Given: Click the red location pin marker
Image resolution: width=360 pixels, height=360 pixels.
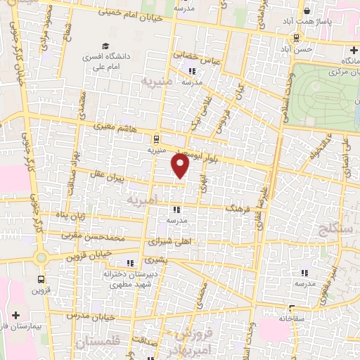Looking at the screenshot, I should [181, 166].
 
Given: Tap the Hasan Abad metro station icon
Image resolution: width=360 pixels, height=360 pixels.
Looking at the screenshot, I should [299, 38].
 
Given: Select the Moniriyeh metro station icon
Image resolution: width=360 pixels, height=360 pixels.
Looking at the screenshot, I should [156, 138].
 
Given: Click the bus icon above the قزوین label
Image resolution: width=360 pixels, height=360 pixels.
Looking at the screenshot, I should [41, 276].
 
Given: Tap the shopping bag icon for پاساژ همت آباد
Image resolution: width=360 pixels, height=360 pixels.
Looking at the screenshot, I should [307, 11].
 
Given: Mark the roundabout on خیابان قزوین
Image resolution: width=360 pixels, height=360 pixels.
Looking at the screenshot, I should [41, 258].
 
